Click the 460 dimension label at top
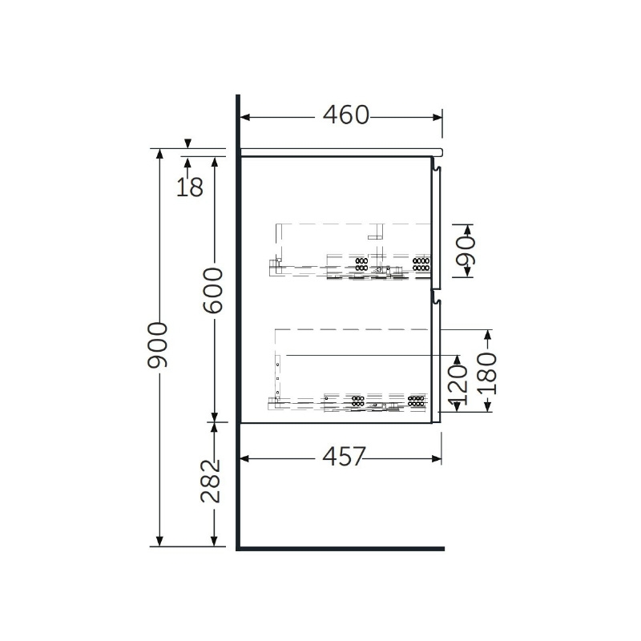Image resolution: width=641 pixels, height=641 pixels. [x=346, y=115]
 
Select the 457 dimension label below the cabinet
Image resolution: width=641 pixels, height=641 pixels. [x=344, y=457]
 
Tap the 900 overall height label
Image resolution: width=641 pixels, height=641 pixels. [x=158, y=345]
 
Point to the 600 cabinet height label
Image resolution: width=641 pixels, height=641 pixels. [x=213, y=291]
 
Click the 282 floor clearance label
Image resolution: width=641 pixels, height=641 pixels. [x=211, y=481]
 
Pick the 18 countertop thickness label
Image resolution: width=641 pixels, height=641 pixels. [x=190, y=187]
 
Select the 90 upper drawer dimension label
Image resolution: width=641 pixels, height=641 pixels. [x=466, y=251]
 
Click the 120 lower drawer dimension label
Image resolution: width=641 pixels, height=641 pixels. [x=458, y=383]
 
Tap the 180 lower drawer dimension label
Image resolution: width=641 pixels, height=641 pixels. [x=487, y=373]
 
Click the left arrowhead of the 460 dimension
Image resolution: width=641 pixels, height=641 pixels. [x=245, y=117]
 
